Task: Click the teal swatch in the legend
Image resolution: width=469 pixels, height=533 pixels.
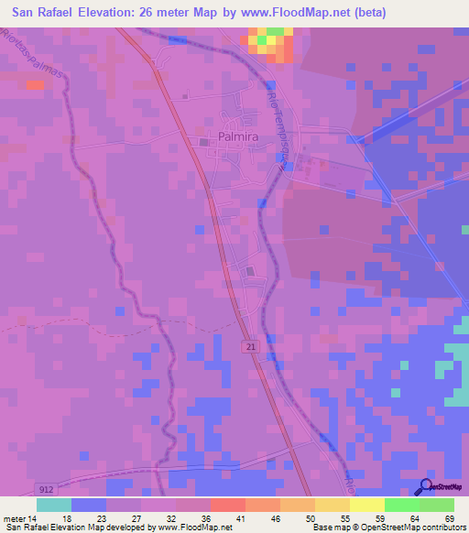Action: coord(53,505)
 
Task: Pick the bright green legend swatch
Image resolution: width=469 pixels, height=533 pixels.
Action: coord(401,505)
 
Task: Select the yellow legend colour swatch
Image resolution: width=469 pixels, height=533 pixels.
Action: coord(366,505)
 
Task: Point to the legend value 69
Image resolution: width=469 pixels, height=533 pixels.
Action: coord(450,517)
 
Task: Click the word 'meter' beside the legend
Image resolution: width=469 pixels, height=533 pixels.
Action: coord(13,517)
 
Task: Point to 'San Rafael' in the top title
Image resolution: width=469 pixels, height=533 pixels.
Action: coord(45,13)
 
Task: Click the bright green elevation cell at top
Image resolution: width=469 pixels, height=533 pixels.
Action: coord(262,40)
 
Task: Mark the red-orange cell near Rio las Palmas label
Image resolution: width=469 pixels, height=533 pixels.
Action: coord(35,84)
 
